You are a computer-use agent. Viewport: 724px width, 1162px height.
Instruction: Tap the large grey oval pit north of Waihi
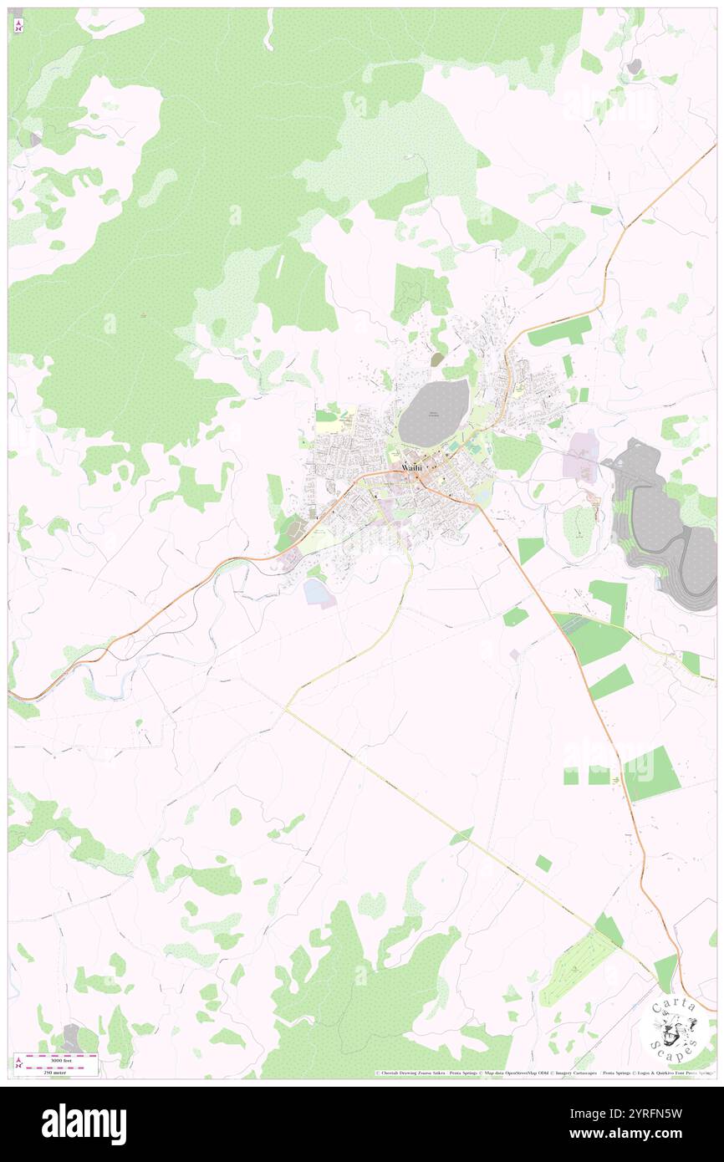(x=434, y=412)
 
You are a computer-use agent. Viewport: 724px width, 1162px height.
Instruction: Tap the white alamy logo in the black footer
(x=84, y=1124)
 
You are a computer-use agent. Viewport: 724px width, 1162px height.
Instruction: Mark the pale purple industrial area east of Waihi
(x=579, y=457)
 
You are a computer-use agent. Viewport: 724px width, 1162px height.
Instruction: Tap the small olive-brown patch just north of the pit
(x=437, y=359)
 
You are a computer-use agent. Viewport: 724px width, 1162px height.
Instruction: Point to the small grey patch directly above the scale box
(x=71, y=1035)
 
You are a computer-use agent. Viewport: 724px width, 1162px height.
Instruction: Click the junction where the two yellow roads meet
(x=286, y=708)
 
